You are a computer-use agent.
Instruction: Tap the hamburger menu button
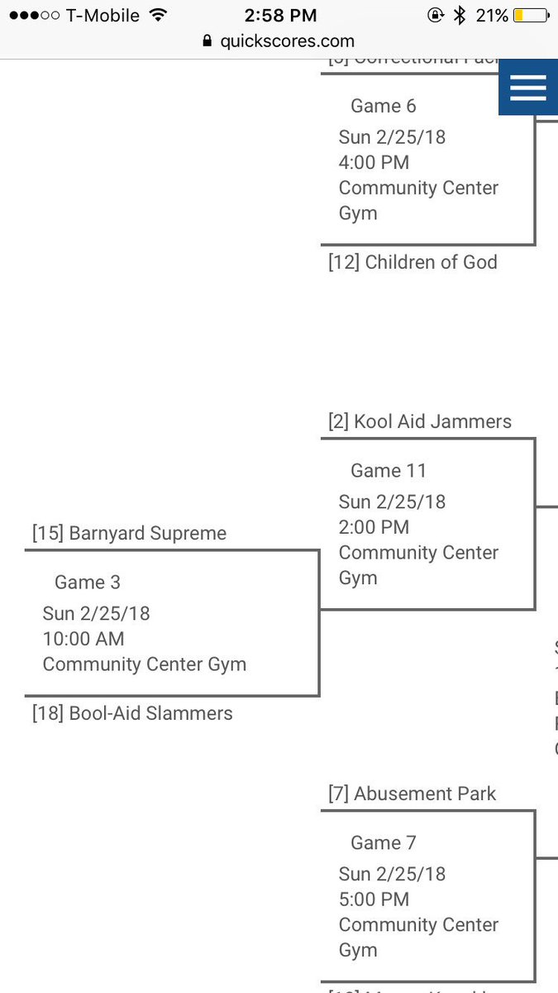coord(527,86)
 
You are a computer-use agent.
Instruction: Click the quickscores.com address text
coord(287,41)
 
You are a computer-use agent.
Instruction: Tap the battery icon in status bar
coord(530,15)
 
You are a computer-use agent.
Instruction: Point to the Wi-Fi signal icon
coord(158,15)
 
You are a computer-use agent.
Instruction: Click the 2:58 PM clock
coord(280,15)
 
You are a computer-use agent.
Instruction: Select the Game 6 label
coord(383,106)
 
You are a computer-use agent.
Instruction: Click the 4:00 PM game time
coord(374,162)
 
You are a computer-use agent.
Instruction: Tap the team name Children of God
coord(413,262)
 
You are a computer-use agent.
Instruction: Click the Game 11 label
coord(388,471)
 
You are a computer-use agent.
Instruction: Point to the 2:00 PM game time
coord(374,527)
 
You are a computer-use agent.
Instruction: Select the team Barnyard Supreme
coord(129,533)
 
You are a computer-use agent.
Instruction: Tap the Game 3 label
coord(87,583)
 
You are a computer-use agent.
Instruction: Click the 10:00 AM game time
coord(83,639)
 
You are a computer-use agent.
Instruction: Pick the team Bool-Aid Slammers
coord(132,713)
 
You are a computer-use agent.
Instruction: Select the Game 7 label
coord(383,843)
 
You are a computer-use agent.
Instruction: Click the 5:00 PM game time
coord(374,899)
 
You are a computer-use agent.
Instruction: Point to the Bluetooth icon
coord(460,15)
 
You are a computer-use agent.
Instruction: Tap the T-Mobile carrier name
coord(103,15)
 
